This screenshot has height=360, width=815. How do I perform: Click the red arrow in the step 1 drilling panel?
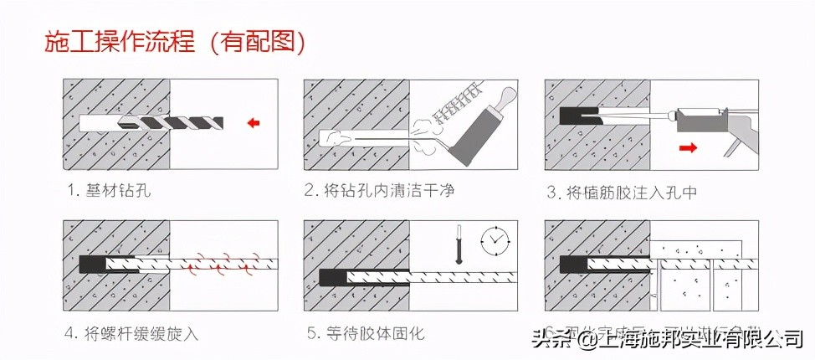pos(253,124)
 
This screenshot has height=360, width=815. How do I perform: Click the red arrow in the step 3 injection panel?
pos(688,149)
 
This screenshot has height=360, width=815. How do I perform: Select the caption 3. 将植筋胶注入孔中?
pos(622,192)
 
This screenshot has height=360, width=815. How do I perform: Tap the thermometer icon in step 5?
pos(458,244)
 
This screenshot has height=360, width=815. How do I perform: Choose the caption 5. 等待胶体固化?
pos(364,333)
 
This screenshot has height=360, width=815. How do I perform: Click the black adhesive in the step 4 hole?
pos(91,265)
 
